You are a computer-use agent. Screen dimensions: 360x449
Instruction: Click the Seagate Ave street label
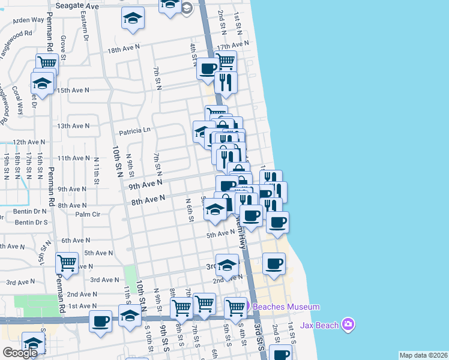click(x=76, y=5)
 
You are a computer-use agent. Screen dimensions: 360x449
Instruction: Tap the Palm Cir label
click(x=86, y=214)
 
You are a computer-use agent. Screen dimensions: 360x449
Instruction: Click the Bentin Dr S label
click(x=31, y=222)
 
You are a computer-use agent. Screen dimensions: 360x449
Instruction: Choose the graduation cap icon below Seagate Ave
click(x=133, y=18)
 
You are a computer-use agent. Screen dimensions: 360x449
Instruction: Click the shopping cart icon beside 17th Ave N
click(x=226, y=61)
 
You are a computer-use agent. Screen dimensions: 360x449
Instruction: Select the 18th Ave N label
click(x=123, y=50)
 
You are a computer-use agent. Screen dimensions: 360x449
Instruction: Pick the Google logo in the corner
click(x=20, y=353)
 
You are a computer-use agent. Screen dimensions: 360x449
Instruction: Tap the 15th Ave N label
click(x=73, y=90)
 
